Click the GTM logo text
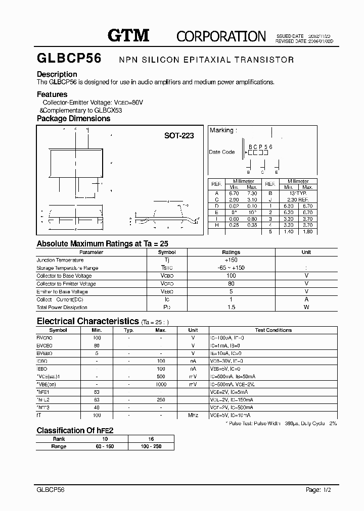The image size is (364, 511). (x=128, y=35)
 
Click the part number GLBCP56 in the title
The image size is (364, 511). (x=69, y=59)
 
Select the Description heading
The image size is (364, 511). (x=57, y=74)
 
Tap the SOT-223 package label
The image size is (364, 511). (x=179, y=136)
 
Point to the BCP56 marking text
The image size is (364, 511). (x=260, y=146)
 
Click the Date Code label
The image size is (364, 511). (x=221, y=152)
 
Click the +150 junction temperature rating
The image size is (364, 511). (x=231, y=260)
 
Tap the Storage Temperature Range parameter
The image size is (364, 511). (x=67, y=268)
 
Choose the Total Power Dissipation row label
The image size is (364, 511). (x=62, y=308)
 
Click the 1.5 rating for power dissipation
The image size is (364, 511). (x=231, y=308)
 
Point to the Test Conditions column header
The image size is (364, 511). (x=273, y=330)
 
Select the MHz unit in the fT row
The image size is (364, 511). (x=193, y=415)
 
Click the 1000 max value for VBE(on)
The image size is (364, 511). (x=160, y=384)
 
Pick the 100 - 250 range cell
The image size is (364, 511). (x=151, y=446)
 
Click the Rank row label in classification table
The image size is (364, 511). (x=59, y=439)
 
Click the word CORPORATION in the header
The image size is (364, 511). (x=221, y=36)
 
